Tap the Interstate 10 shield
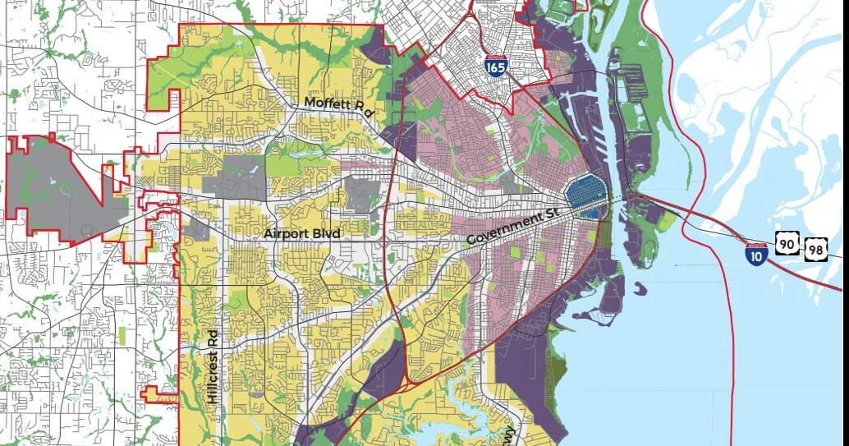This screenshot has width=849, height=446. (x=757, y=252)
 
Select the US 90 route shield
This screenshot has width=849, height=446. (x=787, y=243)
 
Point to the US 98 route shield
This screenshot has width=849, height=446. (x=815, y=247)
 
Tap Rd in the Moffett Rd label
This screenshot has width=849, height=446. (x=365, y=109)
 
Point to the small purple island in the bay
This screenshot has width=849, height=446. (x=640, y=287)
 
